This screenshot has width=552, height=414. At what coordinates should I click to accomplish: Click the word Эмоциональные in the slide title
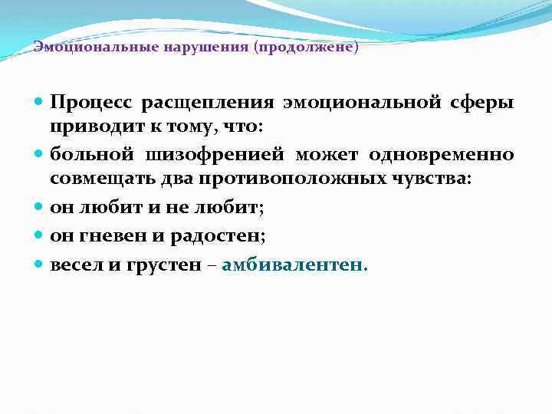pyautogui.click(x=80, y=47)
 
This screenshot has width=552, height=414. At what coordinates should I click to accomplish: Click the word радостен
pyautogui.click(x=223, y=235)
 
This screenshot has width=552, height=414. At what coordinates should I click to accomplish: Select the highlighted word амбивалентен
pyautogui.click(x=295, y=264)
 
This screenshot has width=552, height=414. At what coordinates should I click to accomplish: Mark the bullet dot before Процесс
pyautogui.click(x=40, y=102)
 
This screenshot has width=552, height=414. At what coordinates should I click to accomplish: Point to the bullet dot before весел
pyautogui.click(x=40, y=265)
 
